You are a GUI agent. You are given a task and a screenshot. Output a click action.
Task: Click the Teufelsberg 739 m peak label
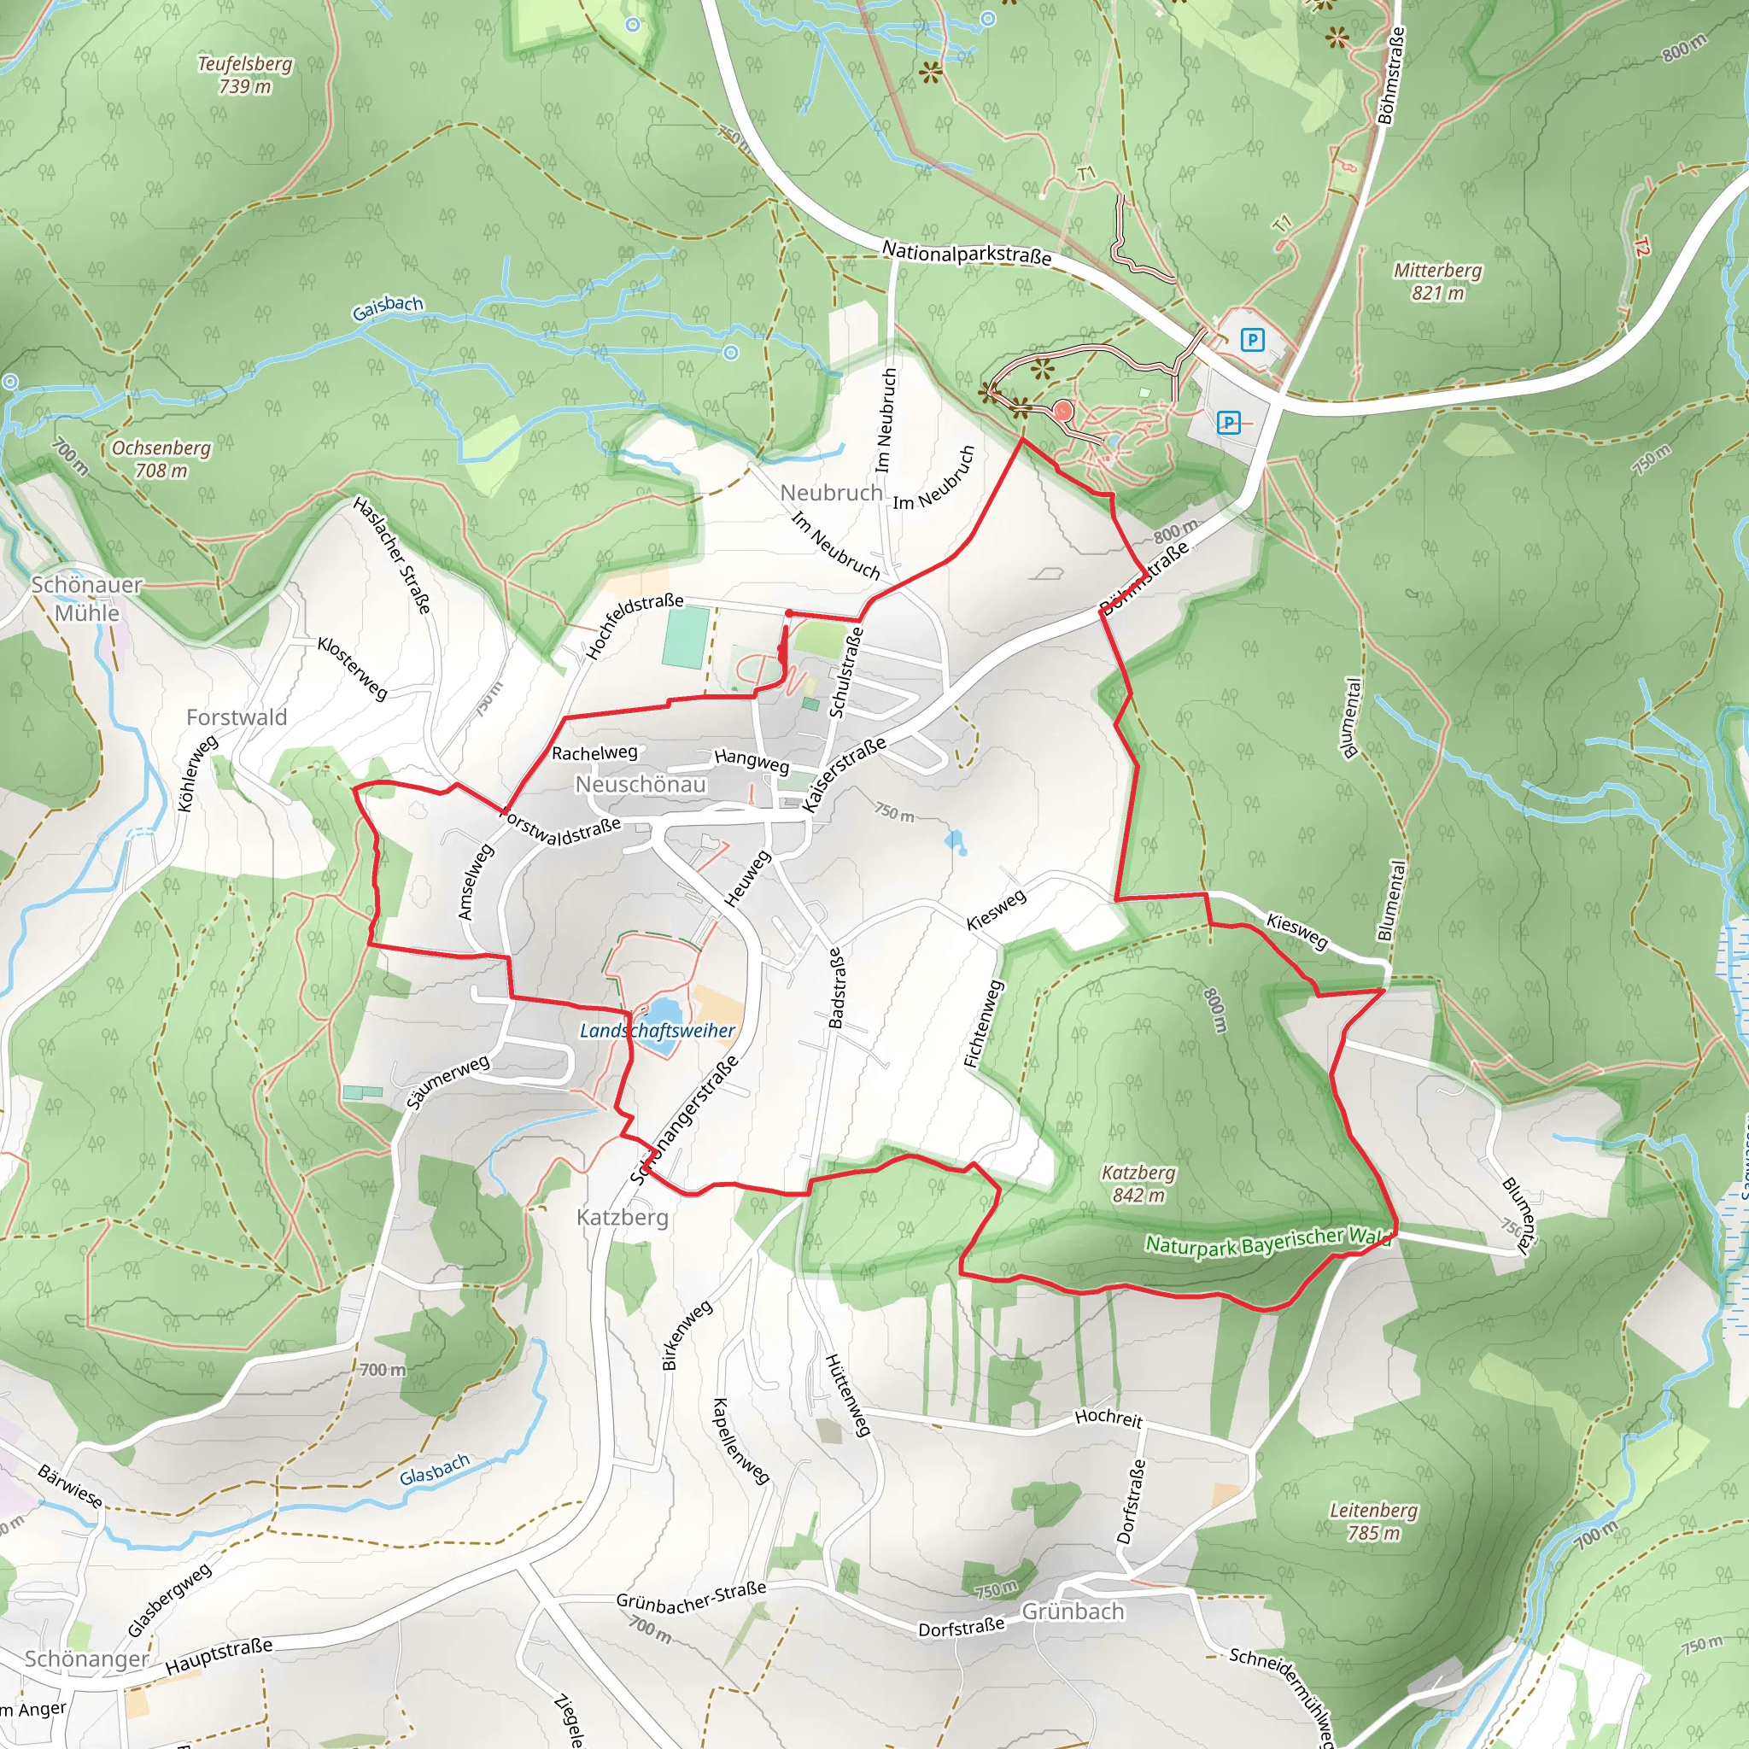(245, 75)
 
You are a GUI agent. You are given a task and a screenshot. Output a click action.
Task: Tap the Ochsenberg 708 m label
(161, 459)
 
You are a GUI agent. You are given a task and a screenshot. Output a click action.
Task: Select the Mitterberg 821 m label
(1437, 281)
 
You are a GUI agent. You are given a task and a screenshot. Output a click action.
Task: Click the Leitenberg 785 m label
(1373, 1521)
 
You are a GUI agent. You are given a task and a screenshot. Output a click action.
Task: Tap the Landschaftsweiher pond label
(658, 1030)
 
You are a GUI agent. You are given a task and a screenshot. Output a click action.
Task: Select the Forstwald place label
(237, 717)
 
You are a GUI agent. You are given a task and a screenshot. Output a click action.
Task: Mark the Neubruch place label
(831, 493)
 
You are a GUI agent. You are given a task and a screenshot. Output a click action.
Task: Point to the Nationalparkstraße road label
(967, 254)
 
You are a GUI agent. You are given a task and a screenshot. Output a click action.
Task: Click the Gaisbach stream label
(388, 307)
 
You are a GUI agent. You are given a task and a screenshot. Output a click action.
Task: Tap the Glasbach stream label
(435, 1469)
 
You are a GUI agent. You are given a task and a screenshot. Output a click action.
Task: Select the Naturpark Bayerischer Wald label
(1267, 1243)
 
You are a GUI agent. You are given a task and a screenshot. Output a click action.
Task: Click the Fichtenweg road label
(984, 1023)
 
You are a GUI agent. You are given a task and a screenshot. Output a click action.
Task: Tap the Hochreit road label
(1109, 1418)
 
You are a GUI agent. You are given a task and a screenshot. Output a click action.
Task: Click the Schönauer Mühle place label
(87, 599)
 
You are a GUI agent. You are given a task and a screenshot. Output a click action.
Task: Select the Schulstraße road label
(847, 672)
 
